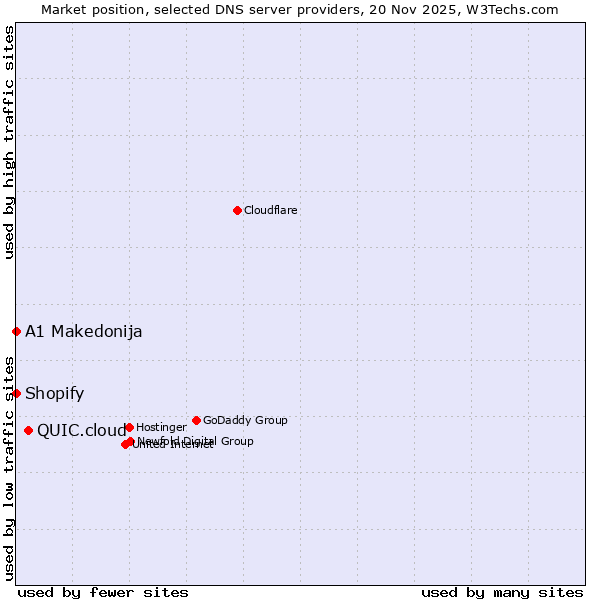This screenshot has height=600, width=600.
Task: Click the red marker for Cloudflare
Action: click(237, 210)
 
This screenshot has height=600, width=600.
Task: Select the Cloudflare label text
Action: click(271, 210)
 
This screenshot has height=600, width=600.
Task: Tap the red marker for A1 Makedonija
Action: click(16, 331)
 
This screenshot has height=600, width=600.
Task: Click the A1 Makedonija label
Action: click(84, 332)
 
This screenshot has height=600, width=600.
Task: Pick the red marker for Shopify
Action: click(16, 393)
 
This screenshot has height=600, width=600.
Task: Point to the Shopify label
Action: click(55, 394)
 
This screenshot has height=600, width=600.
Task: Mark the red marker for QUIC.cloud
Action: click(28, 430)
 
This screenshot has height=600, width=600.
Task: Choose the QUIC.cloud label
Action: click(82, 431)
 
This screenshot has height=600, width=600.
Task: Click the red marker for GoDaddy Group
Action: click(196, 420)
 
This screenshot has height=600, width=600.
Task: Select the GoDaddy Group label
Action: click(245, 420)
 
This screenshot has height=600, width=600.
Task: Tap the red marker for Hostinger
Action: click(129, 427)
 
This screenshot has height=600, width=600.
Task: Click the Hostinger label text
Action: click(161, 427)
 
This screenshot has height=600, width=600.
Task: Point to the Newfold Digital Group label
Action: click(196, 441)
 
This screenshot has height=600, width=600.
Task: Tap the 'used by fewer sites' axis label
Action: click(103, 592)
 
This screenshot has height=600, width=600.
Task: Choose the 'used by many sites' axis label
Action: click(502, 592)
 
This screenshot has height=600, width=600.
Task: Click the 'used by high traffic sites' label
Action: click(9, 143)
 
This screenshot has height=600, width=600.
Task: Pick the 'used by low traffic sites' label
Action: click(9, 467)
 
